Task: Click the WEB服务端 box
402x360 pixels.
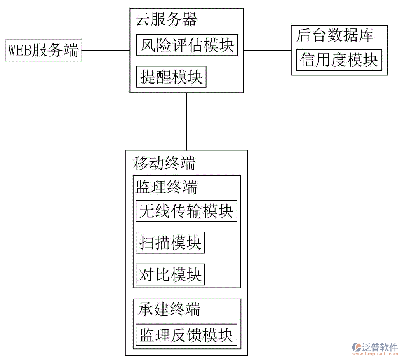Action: pyautogui.click(x=44, y=51)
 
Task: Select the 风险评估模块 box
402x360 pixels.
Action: pyautogui.click(x=187, y=45)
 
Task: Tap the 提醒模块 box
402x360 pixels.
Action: pyautogui.click(x=171, y=77)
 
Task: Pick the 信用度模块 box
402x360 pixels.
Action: pyautogui.click(x=339, y=60)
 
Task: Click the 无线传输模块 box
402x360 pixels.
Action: pyautogui.click(x=186, y=211)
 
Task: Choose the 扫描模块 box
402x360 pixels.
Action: pyautogui.click(x=170, y=243)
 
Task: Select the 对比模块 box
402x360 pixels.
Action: pyautogui.click(x=170, y=274)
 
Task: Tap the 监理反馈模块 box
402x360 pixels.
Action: pyautogui.click(x=186, y=335)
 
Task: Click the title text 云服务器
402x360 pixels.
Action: pyautogui.click(x=166, y=20)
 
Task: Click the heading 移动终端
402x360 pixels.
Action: pyautogui.click(x=164, y=163)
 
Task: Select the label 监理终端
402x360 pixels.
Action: pyautogui.click(x=166, y=187)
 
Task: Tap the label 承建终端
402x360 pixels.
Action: pyautogui.click(x=169, y=310)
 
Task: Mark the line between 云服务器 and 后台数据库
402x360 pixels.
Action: pyautogui.click(x=267, y=51)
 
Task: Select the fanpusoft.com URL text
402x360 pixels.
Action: pyautogui.click(x=375, y=354)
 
